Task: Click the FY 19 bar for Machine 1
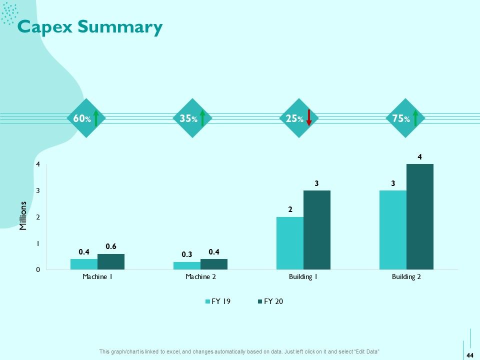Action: pos(84,264)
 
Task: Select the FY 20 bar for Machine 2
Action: pos(214,264)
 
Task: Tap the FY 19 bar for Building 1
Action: pos(290,243)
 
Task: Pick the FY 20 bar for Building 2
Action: pos(420,216)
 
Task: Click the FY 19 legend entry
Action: pos(218,301)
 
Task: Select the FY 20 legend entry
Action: pos(270,301)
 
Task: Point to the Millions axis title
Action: pos(23,216)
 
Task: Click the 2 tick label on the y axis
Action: pos(38,217)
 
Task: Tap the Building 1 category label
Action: pos(303,276)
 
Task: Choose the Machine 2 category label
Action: pos(201,276)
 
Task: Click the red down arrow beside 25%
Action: pos(309,118)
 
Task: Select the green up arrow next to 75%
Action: pos(415,118)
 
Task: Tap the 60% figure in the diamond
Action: pos(82,118)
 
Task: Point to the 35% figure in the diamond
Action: pos(188,118)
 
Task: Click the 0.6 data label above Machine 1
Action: pos(111,246)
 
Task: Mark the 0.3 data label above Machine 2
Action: pos(186,254)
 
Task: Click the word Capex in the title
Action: pos(45,27)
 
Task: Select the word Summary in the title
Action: pos(120,27)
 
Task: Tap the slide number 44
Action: pos(470,355)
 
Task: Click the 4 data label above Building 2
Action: pos(419,157)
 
